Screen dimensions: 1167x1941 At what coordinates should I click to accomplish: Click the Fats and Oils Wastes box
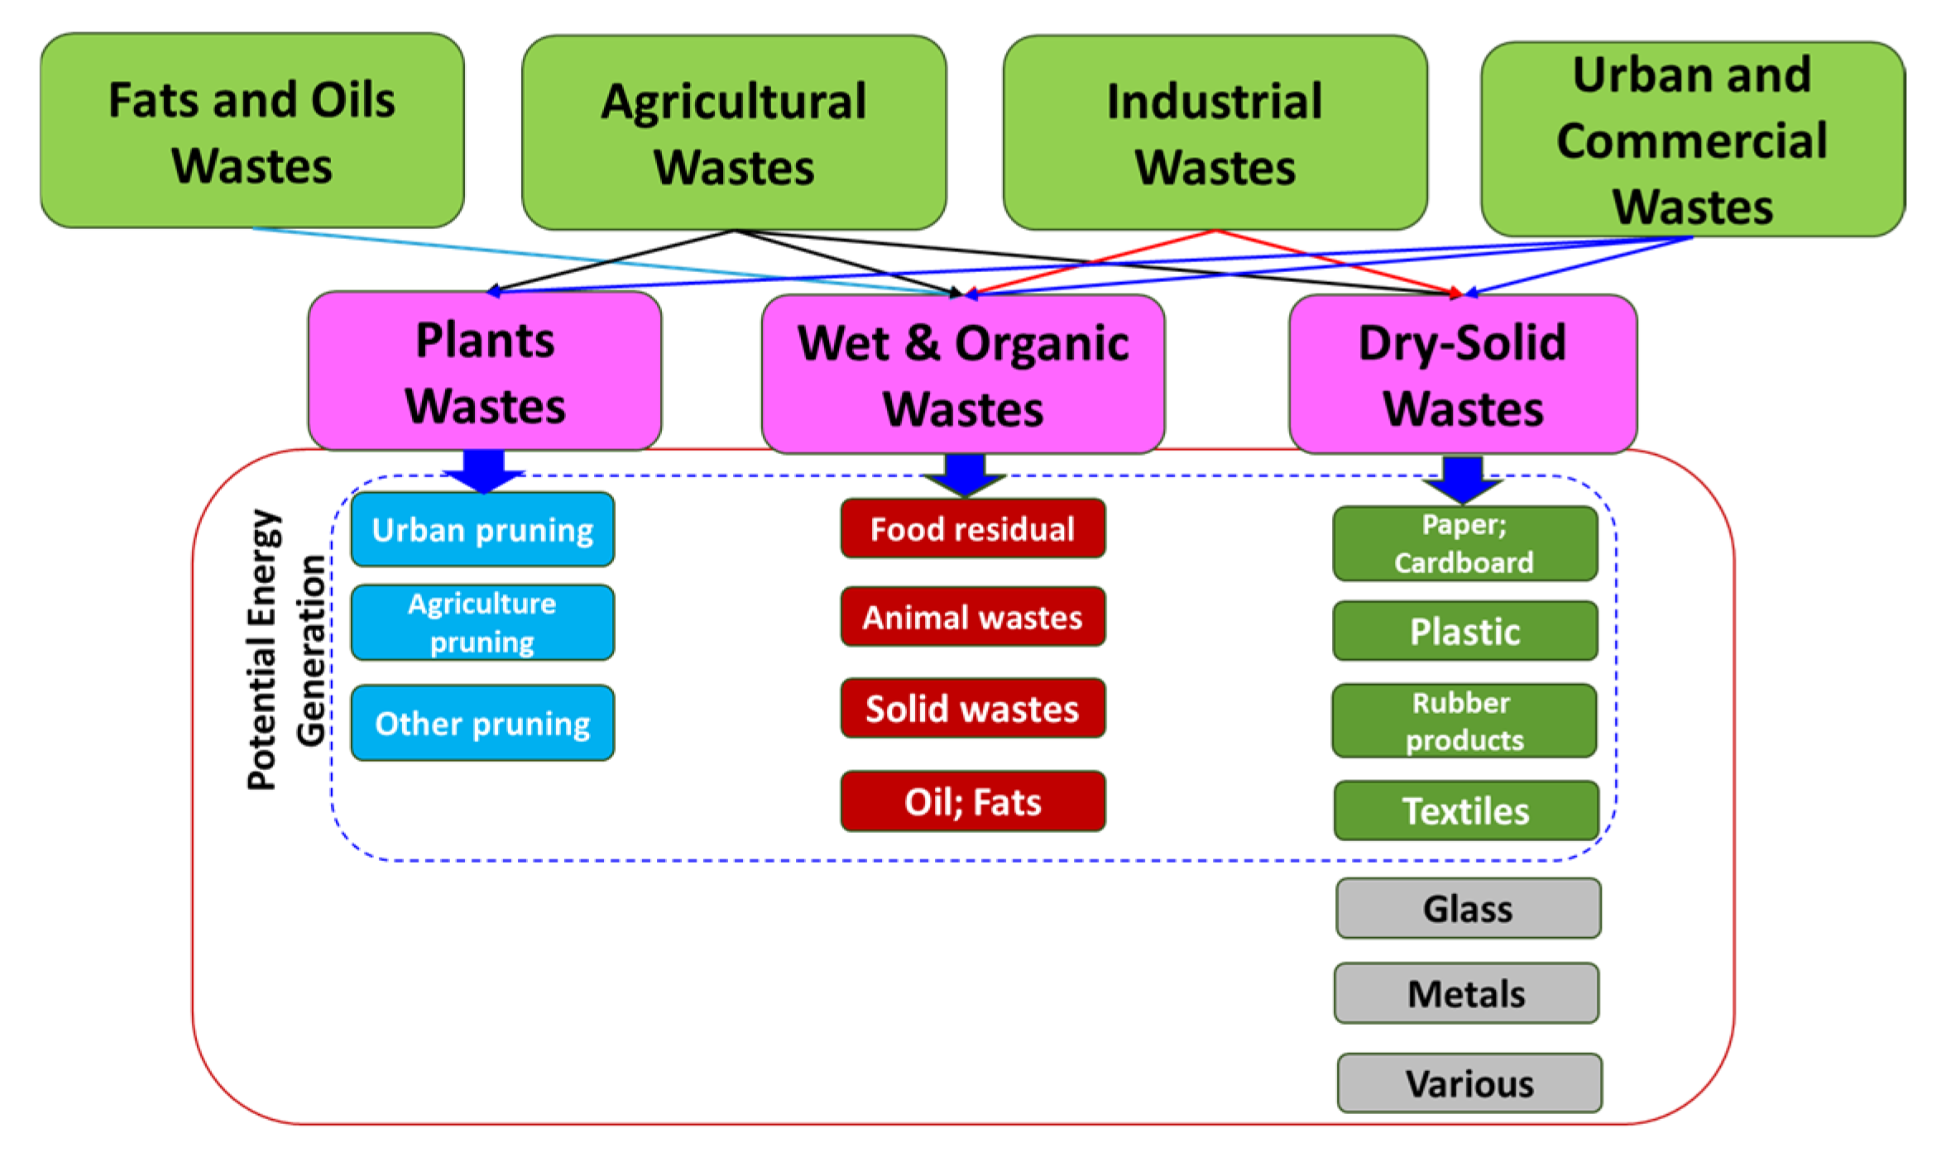click(252, 131)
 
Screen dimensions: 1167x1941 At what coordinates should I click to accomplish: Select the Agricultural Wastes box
click(733, 132)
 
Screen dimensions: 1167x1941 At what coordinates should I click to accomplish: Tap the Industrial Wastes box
click(1214, 132)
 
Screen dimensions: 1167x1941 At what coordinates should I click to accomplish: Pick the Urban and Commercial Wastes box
click(1691, 139)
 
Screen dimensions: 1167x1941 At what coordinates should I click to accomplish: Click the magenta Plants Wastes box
click(484, 371)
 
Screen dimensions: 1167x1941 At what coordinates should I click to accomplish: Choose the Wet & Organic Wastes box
click(962, 375)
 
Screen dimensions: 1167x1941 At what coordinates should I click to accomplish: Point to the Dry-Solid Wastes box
click(1462, 375)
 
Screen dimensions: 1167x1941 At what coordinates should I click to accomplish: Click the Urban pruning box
click(482, 529)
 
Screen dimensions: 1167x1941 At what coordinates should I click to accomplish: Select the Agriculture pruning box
click(482, 622)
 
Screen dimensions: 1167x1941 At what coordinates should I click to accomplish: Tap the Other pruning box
click(482, 723)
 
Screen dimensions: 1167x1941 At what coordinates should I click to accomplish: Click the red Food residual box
click(972, 528)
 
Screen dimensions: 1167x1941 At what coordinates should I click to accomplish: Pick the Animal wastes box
click(972, 617)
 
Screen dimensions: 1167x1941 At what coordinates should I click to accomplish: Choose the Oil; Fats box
click(972, 801)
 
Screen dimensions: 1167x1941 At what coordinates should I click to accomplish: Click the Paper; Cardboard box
click(1464, 543)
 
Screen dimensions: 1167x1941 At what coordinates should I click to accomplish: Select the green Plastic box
click(1464, 631)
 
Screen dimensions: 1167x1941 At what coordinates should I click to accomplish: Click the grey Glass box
click(1467, 908)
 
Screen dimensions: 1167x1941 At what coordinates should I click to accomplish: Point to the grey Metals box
click(1465, 993)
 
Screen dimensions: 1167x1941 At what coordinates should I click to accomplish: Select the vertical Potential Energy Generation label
click(286, 649)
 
